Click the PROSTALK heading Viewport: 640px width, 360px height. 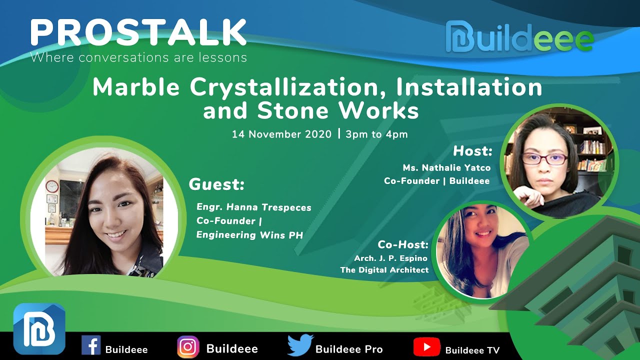(138, 33)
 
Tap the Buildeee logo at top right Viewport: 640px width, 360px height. (519, 37)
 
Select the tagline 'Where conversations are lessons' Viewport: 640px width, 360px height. (138, 57)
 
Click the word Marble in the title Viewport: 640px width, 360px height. (136, 87)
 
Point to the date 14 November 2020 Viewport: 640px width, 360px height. (281, 134)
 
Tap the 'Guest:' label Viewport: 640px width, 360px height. (216, 184)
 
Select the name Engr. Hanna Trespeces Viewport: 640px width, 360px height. (254, 207)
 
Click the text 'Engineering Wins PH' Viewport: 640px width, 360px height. (249, 235)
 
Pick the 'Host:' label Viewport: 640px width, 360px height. (472, 150)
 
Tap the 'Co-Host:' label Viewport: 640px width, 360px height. (403, 244)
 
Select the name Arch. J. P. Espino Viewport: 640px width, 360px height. (391, 258)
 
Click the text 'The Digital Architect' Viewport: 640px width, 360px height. (384, 270)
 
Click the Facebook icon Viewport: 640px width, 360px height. (91, 345)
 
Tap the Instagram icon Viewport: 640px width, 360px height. (188, 346)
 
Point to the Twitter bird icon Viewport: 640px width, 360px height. (300, 345)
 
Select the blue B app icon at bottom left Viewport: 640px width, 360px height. (39, 328)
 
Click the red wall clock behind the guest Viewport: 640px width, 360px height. (52, 186)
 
